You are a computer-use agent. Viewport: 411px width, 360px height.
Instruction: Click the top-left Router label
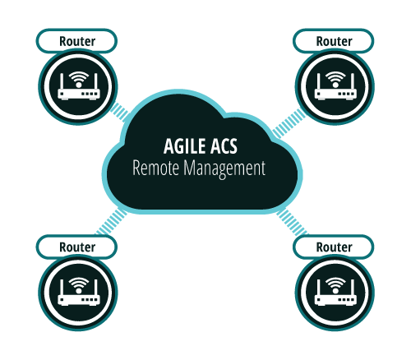pos(77,41)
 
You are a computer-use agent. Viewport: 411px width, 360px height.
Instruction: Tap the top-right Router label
pos(334,41)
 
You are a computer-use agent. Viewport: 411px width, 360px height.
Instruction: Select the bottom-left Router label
pos(77,247)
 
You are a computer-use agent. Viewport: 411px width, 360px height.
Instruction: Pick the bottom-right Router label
pos(334,247)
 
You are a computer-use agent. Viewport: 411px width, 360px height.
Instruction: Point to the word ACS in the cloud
pos(224,146)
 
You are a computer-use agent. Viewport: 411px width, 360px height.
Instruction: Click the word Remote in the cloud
pos(155,168)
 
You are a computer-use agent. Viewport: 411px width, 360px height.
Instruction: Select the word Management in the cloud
pos(224,168)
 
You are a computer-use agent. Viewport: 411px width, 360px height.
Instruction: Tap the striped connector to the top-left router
pos(119,112)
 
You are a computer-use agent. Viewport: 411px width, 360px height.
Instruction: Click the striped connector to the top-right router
pos(289,123)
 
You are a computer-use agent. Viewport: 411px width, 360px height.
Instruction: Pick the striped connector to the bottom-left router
pos(111,222)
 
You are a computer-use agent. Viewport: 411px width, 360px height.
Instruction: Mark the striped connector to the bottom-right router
pos(292,223)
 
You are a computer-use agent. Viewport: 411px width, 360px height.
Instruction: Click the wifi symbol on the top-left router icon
pos(79,79)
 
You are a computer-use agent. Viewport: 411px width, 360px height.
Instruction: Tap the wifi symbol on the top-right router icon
pos(335,79)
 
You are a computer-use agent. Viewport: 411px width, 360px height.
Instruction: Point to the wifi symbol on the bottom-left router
pos(79,285)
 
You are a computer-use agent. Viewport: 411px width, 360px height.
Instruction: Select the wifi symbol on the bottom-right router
pos(335,285)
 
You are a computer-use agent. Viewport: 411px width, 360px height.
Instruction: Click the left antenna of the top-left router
pos(62,81)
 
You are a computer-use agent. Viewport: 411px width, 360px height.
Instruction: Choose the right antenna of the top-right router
pos(353,81)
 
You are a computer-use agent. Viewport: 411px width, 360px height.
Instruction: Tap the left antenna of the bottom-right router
pos(318,288)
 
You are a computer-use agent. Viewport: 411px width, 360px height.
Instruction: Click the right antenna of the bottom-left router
pos(96,288)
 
